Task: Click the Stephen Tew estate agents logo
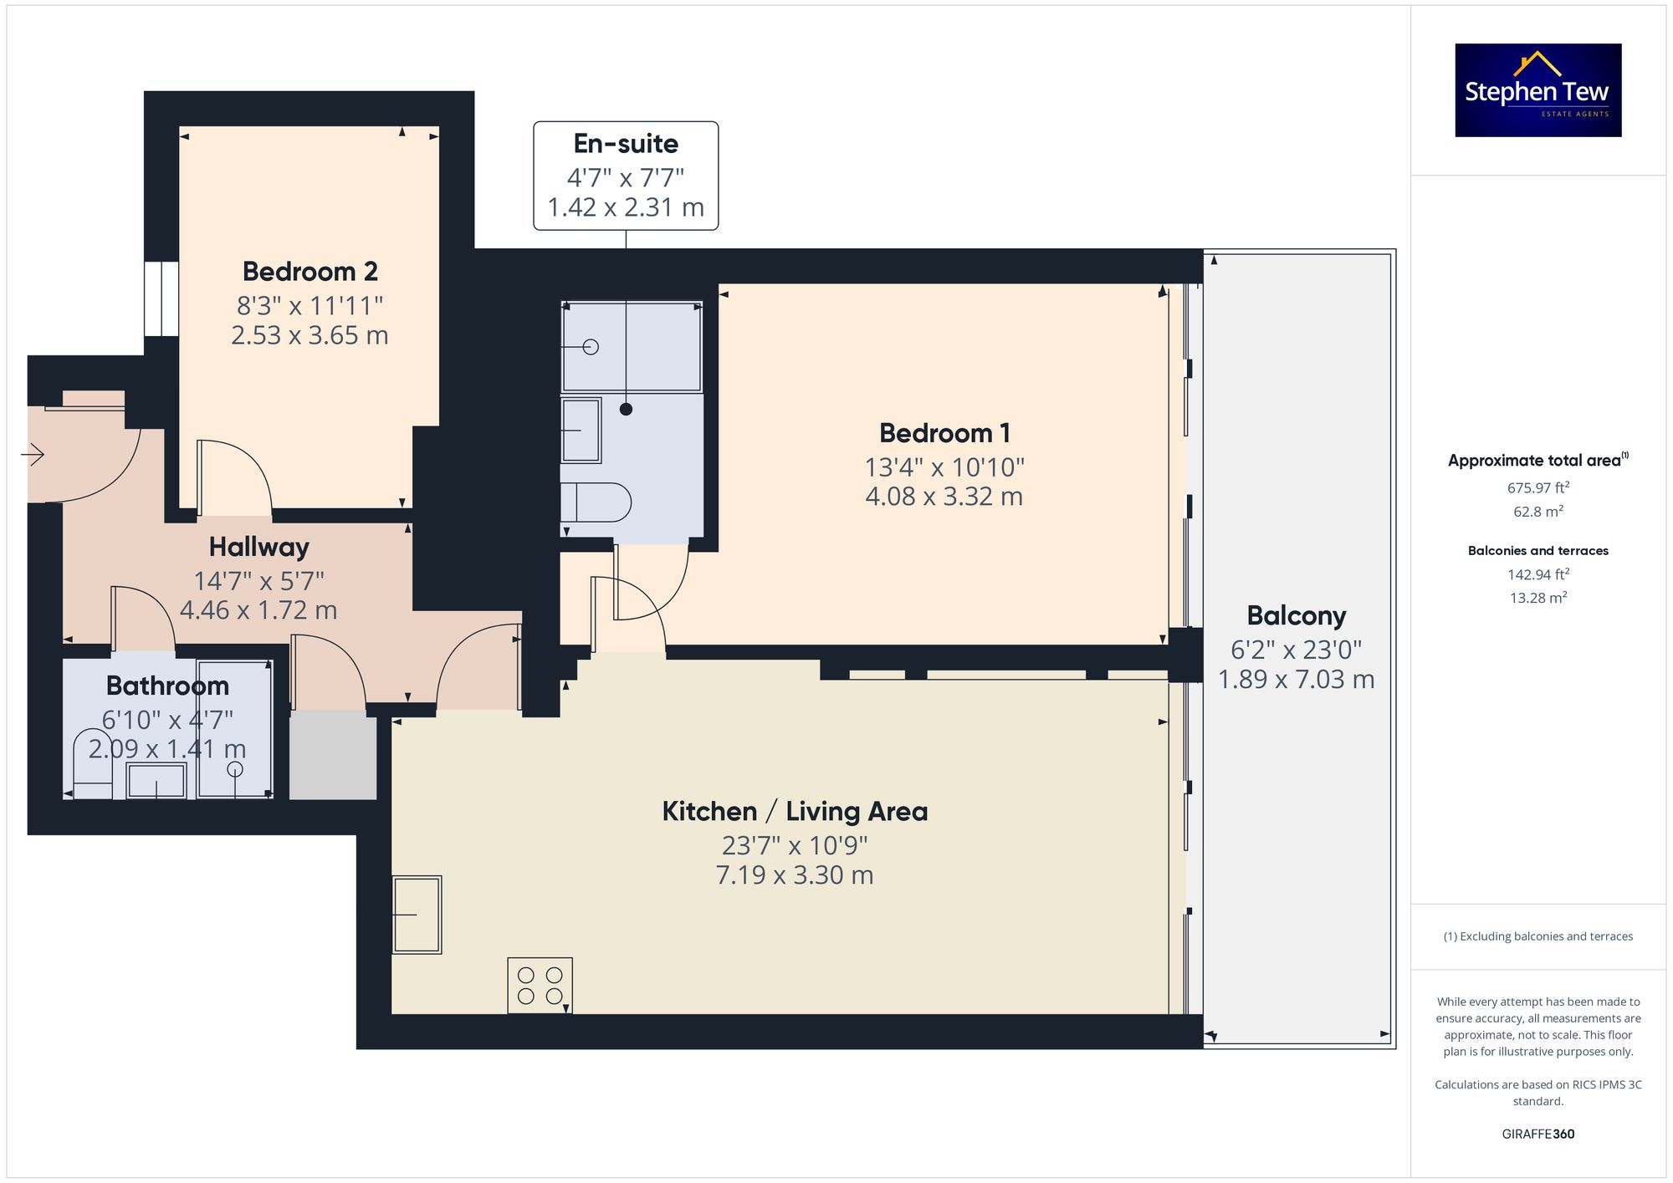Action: [x=1537, y=90]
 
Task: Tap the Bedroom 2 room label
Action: [x=310, y=272]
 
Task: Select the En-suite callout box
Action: [x=626, y=176]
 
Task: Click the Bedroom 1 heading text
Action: [x=944, y=433]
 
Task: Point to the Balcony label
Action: [x=1296, y=616]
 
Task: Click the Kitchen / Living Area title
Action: [x=795, y=812]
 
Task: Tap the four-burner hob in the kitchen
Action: [x=540, y=985]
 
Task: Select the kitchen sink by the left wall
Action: [x=417, y=915]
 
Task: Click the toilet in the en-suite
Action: [x=596, y=502]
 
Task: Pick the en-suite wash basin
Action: [x=581, y=431]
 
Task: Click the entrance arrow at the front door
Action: [x=33, y=455]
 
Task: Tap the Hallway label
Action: [x=258, y=547]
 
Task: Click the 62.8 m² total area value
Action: [x=1537, y=511]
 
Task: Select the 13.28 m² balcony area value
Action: [x=1537, y=598]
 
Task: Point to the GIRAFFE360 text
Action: [x=1537, y=1134]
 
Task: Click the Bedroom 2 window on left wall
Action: [x=161, y=299]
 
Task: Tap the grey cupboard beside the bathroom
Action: [x=333, y=755]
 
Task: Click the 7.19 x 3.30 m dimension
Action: [x=795, y=875]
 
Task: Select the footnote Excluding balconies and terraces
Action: [x=1537, y=936]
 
